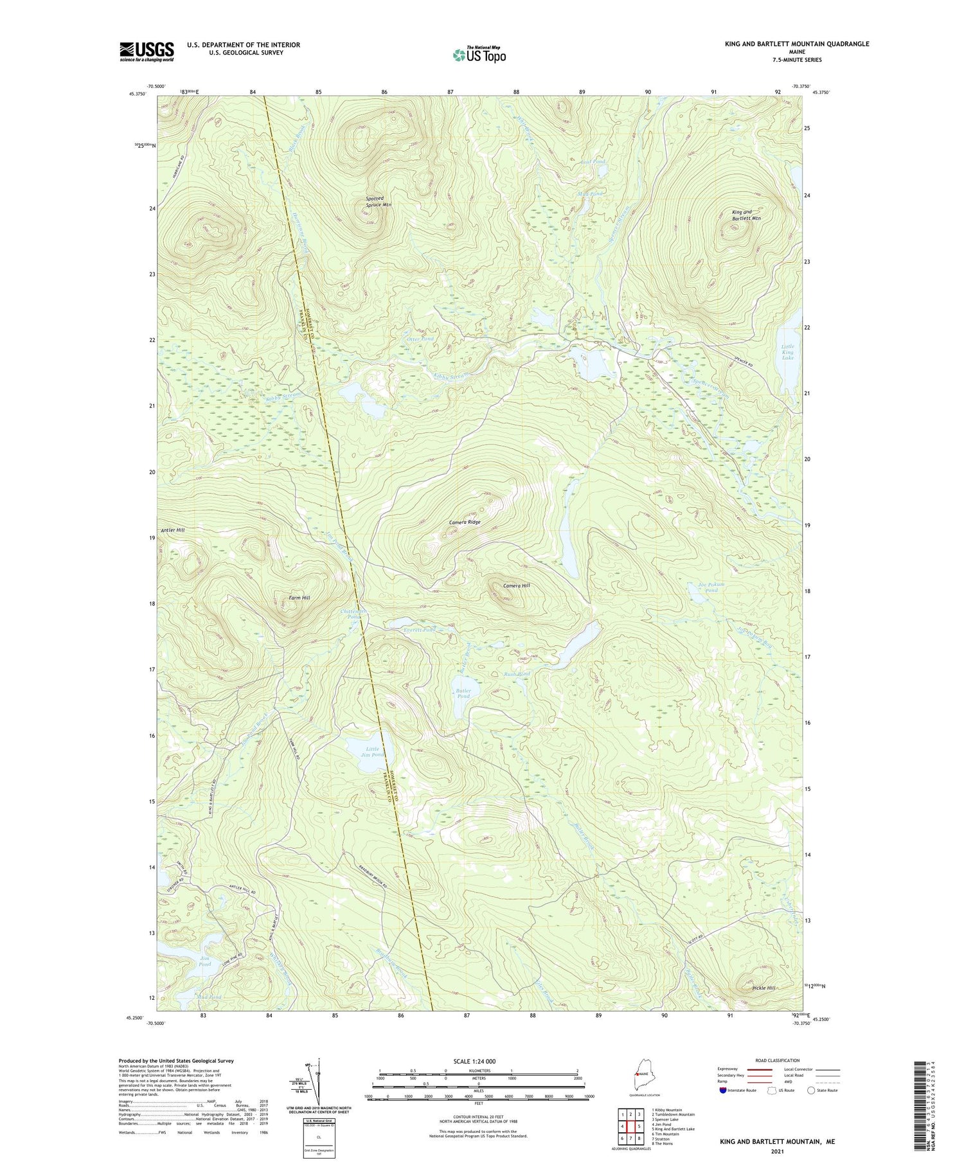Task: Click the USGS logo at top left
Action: (x=147, y=51)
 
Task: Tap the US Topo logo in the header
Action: (x=479, y=55)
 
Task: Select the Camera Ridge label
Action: (x=464, y=522)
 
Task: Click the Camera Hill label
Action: (x=516, y=586)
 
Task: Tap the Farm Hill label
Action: (x=298, y=598)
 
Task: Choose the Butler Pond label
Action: (x=463, y=693)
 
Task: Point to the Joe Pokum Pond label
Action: (x=711, y=587)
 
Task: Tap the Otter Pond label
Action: (x=420, y=339)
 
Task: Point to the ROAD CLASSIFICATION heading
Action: (x=778, y=1061)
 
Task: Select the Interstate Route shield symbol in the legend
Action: (x=723, y=1090)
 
